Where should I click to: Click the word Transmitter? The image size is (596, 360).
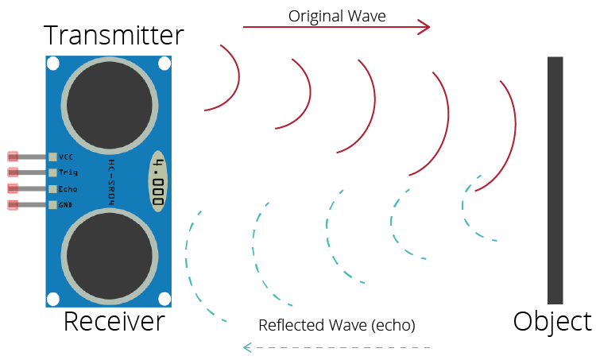pos(114,36)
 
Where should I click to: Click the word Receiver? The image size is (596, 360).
pos(114,322)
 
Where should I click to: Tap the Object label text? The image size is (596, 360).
pos(552,322)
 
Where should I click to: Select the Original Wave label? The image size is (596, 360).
pos(337,15)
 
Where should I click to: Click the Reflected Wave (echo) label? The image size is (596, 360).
pos(337,325)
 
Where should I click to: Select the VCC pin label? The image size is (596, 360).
pos(66,157)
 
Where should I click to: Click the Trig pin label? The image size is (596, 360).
pos(67,172)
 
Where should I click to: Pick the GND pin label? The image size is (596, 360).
pos(66,205)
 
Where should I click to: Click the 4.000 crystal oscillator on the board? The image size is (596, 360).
pos(159,182)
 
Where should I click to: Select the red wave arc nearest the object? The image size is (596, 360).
pos(513,127)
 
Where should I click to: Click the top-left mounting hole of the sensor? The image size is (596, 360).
pos(53,63)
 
